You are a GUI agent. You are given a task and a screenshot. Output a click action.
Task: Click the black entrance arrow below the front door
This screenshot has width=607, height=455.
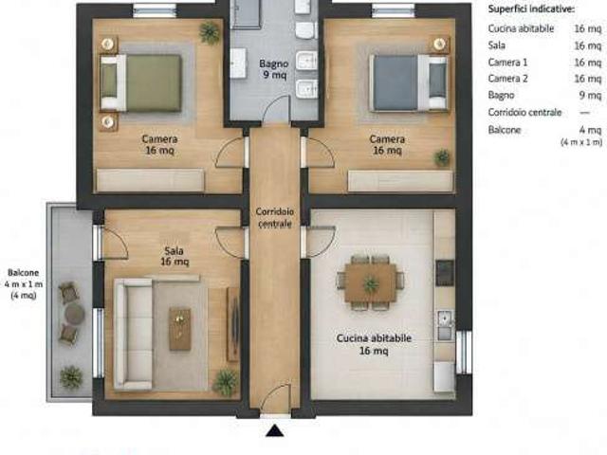tap(275, 430)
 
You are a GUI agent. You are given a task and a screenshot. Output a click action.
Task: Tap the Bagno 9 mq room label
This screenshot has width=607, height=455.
tap(274, 69)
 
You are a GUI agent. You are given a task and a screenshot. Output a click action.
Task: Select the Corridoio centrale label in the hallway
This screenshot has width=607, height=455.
tap(275, 217)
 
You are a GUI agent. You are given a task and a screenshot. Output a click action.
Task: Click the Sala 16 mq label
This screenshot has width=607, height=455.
tap(175, 256)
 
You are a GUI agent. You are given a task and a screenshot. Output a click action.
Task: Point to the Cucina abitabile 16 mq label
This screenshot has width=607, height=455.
tap(374, 344)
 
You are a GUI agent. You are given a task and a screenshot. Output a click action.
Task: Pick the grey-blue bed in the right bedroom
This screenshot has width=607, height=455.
tap(409, 82)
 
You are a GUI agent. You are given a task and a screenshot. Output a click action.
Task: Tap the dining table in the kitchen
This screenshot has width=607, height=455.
tap(371, 282)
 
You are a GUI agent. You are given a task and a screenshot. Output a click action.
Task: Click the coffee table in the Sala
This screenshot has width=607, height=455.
tap(180, 329)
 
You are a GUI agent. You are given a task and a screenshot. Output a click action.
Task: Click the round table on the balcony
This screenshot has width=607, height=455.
tap(74, 313)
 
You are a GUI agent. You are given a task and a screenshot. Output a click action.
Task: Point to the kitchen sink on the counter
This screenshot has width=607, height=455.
tap(445, 324)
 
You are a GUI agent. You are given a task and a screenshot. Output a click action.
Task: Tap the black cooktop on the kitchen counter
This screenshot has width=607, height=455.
tap(445, 273)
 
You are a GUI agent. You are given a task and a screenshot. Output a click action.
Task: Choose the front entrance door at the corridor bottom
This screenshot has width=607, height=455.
tap(275, 398)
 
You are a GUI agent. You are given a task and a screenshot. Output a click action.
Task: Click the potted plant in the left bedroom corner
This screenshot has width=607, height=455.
tap(210, 32)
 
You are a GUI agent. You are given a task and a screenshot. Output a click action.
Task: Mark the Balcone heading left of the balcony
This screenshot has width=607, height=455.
tap(23, 273)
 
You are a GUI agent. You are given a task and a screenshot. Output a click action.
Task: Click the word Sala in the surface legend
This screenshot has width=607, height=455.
tap(497, 45)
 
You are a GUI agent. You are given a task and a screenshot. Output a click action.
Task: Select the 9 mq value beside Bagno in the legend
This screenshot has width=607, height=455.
tap(591, 95)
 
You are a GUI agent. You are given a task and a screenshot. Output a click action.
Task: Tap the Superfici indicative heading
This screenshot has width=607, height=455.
tap(531, 9)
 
